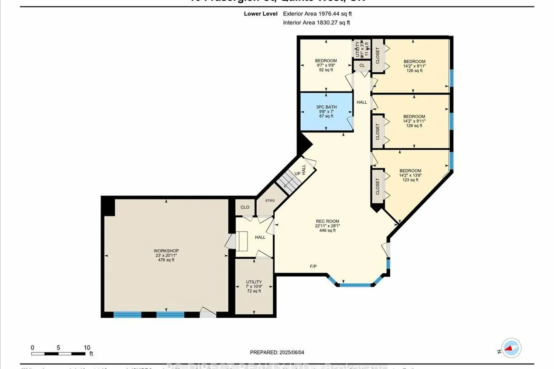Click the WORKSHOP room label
pyautogui.click(x=166, y=251)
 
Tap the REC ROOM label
pyautogui.click(x=327, y=221)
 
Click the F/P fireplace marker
pyautogui.click(x=313, y=266)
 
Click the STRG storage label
pyautogui.click(x=270, y=200)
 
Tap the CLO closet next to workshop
pyautogui.click(x=245, y=207)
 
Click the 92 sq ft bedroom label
pyautogui.click(x=326, y=65)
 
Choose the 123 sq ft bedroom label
pyautogui.click(x=410, y=175)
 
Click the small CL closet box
pyautogui.click(x=362, y=65)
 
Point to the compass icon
pyautogui.click(x=511, y=348)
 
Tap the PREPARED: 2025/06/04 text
pyautogui.click(x=277, y=352)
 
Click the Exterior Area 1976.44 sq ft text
pyautogui.click(x=317, y=14)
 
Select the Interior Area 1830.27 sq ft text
pyautogui.click(x=317, y=23)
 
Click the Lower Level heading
pyautogui.click(x=260, y=14)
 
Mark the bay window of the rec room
pyautogui.click(x=355, y=284)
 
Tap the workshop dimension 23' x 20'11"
pyautogui.click(x=166, y=255)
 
